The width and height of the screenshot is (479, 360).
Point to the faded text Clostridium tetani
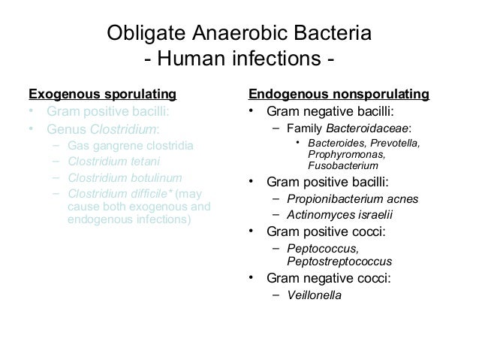(113, 162)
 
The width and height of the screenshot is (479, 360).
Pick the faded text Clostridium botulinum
(124, 178)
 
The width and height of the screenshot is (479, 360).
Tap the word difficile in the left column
(152, 195)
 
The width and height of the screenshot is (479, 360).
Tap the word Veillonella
(314, 295)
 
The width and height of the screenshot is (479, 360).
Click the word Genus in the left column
(62, 129)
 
